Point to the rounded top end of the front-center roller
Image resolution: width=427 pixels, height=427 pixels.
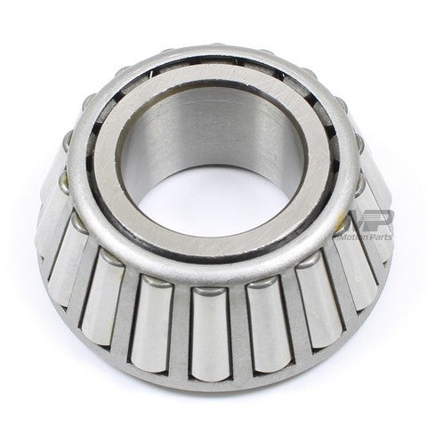pos(207,291)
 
